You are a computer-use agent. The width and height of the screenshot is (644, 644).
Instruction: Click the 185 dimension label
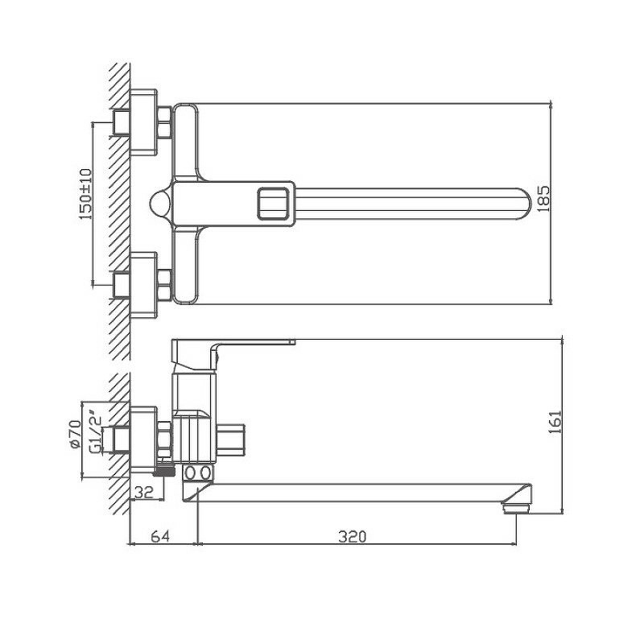(543, 199)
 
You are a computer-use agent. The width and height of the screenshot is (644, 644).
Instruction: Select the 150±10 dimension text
(86, 194)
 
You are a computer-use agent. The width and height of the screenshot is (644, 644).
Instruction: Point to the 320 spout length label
(352, 536)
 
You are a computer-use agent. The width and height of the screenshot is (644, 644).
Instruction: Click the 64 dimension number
(160, 536)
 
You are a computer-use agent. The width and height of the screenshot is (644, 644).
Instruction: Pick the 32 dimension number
(144, 492)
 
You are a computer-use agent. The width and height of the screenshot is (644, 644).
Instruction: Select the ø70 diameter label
(75, 434)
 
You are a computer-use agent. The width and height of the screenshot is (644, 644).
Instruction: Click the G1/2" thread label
(95, 432)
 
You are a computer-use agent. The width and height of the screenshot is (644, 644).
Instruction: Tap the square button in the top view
(273, 203)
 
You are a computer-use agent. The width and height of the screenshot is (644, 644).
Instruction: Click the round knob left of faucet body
(161, 203)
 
